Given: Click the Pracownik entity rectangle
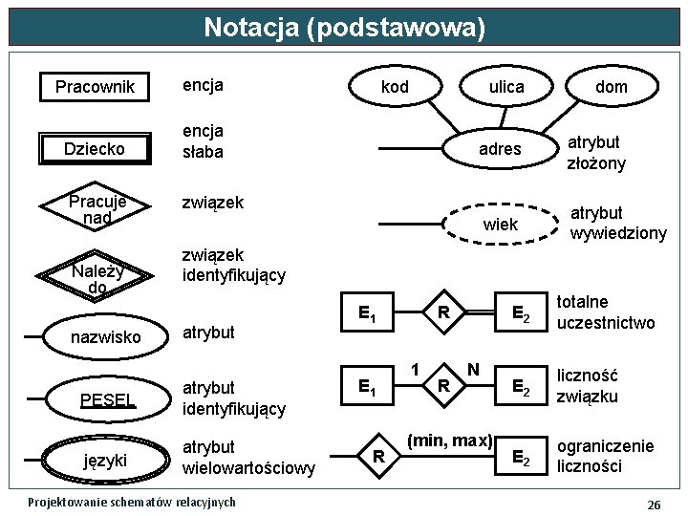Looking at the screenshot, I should click(96, 88).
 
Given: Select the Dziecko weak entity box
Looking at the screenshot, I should click(96, 149).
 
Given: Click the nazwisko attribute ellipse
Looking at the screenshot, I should click(105, 337).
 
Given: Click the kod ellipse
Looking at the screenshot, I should click(395, 87).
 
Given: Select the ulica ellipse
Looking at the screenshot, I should click(506, 87).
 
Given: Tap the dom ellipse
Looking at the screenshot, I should click(612, 87).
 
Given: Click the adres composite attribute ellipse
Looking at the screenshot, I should click(500, 149).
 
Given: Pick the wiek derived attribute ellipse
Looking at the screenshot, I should click(500, 225).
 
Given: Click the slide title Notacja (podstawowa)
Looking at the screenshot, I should click(344, 28).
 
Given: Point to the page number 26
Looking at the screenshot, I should click(654, 504).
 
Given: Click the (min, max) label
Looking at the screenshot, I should click(449, 441).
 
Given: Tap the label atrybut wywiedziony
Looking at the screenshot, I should click(618, 223).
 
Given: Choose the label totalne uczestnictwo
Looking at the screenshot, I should click(605, 312).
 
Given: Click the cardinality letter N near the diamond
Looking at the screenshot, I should click(473, 369).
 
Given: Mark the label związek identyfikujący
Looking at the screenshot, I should click(234, 266).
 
